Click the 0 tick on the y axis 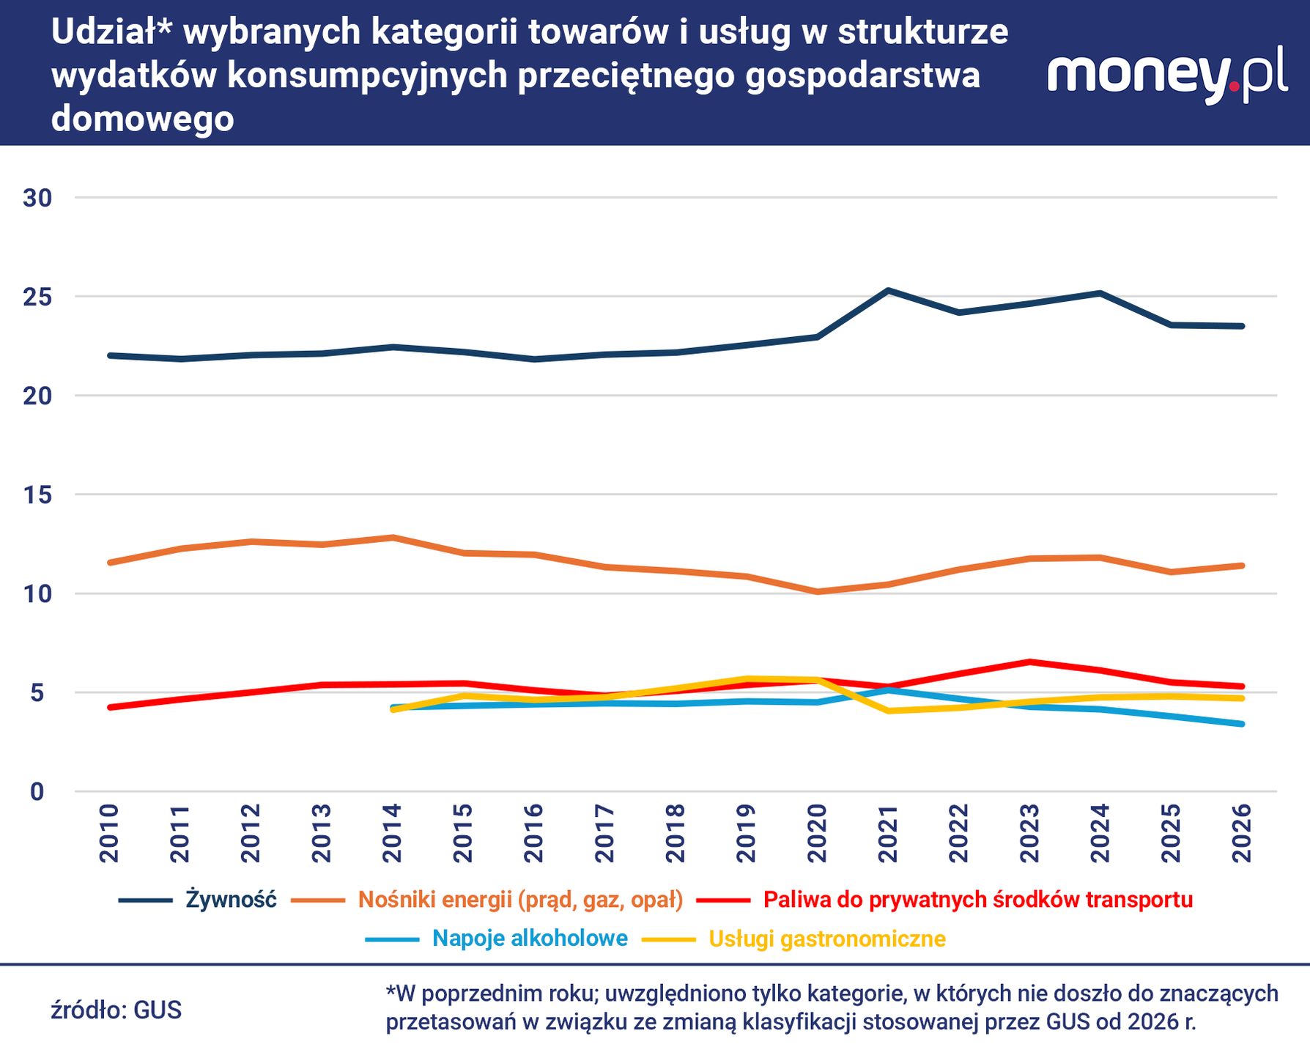click(x=37, y=791)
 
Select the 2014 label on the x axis click(x=392, y=833)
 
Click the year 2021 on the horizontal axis click(x=888, y=833)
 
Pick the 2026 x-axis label click(x=1242, y=833)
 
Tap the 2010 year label click(x=108, y=833)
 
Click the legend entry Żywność click(x=230, y=899)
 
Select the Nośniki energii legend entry click(x=520, y=899)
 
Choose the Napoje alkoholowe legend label click(x=530, y=938)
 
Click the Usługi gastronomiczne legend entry click(x=826, y=939)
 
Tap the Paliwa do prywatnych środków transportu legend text click(x=977, y=899)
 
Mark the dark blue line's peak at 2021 click(x=888, y=290)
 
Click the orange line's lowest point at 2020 click(x=817, y=591)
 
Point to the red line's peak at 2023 click(x=1029, y=662)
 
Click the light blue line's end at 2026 click(x=1242, y=724)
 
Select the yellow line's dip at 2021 click(x=888, y=711)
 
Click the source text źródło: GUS click(x=116, y=1010)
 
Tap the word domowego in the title click(x=142, y=119)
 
